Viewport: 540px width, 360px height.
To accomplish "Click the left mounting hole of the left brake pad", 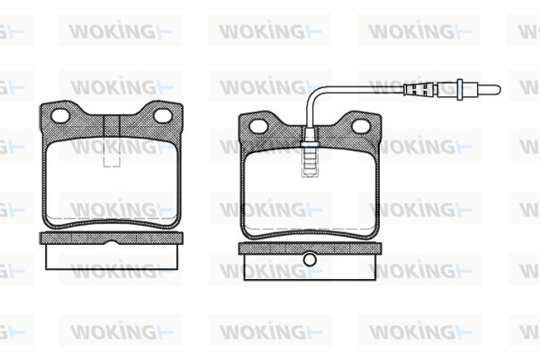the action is point(60,116).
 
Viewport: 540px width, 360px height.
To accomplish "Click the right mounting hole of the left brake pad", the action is point(163,116).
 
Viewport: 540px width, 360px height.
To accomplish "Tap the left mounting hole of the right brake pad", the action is point(258,126).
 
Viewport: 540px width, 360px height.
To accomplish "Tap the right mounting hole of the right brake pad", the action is point(361,126).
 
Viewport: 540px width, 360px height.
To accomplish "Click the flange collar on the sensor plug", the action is point(460,90).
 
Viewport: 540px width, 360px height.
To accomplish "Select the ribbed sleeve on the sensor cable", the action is point(420,90).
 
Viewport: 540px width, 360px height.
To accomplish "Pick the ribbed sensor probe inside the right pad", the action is point(310,163).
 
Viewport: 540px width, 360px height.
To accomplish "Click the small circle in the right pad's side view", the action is point(310,260).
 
